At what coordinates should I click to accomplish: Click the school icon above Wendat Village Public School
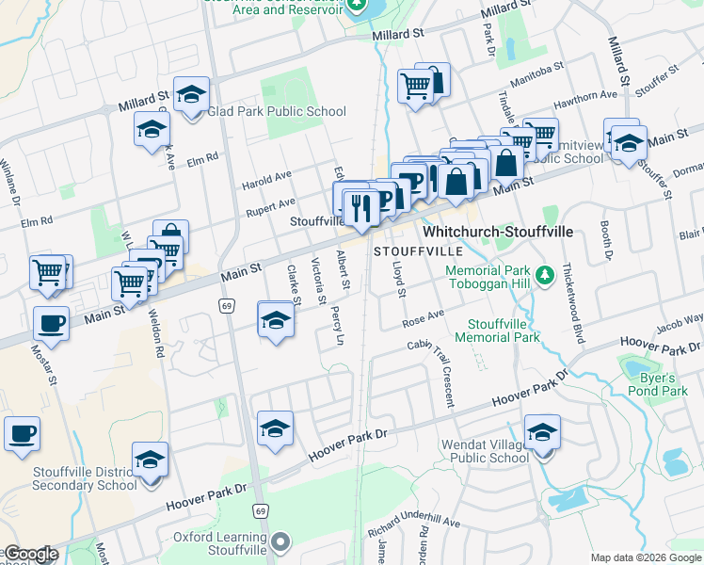click(542, 433)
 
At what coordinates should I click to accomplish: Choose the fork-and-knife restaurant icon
click(361, 205)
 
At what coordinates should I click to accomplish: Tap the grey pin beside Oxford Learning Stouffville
click(279, 543)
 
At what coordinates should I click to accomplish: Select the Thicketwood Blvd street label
click(569, 292)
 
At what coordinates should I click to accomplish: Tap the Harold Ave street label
click(266, 177)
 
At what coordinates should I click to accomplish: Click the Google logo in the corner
click(30, 554)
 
